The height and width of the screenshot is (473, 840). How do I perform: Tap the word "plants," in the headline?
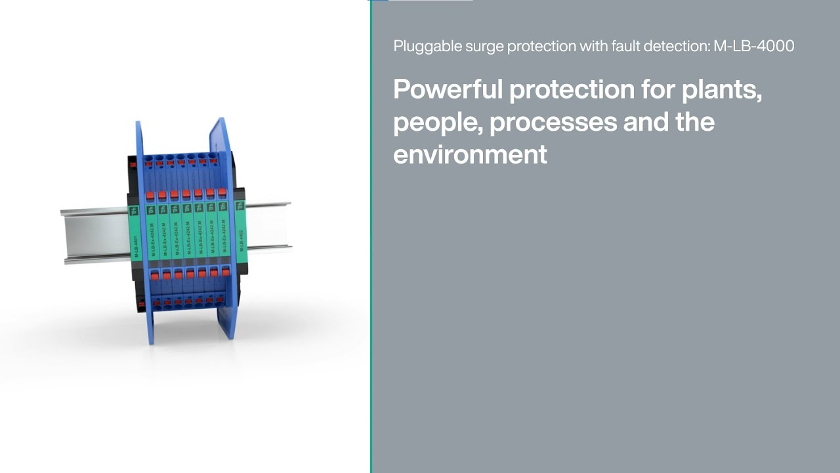coord(721,89)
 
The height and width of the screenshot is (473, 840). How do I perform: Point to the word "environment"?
coord(470,154)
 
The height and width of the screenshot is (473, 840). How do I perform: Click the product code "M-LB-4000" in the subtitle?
coord(754,46)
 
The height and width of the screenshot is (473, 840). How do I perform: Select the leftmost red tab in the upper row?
coord(150,195)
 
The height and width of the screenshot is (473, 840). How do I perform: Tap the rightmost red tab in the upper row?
coord(222,192)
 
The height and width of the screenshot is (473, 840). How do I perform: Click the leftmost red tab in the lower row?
coord(155,276)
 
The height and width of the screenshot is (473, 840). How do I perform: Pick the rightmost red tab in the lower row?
coord(224,270)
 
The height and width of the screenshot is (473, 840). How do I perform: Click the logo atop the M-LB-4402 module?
coord(240,206)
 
